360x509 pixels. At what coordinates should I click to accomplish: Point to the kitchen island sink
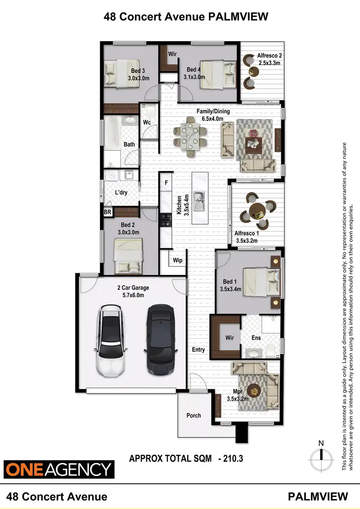[198, 197]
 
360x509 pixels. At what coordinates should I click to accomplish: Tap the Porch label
[193, 415]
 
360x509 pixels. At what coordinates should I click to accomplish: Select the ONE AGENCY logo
[59, 468]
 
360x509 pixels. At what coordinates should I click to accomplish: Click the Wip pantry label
[178, 260]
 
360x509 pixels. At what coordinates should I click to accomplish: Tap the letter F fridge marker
[166, 183]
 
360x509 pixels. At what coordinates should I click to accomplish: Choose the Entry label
[198, 350]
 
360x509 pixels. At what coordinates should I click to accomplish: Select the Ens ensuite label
[256, 338]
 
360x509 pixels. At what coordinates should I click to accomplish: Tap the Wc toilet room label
[146, 122]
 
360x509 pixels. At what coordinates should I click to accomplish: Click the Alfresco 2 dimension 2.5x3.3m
[269, 63]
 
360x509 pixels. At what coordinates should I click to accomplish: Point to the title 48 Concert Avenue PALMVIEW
[180, 17]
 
